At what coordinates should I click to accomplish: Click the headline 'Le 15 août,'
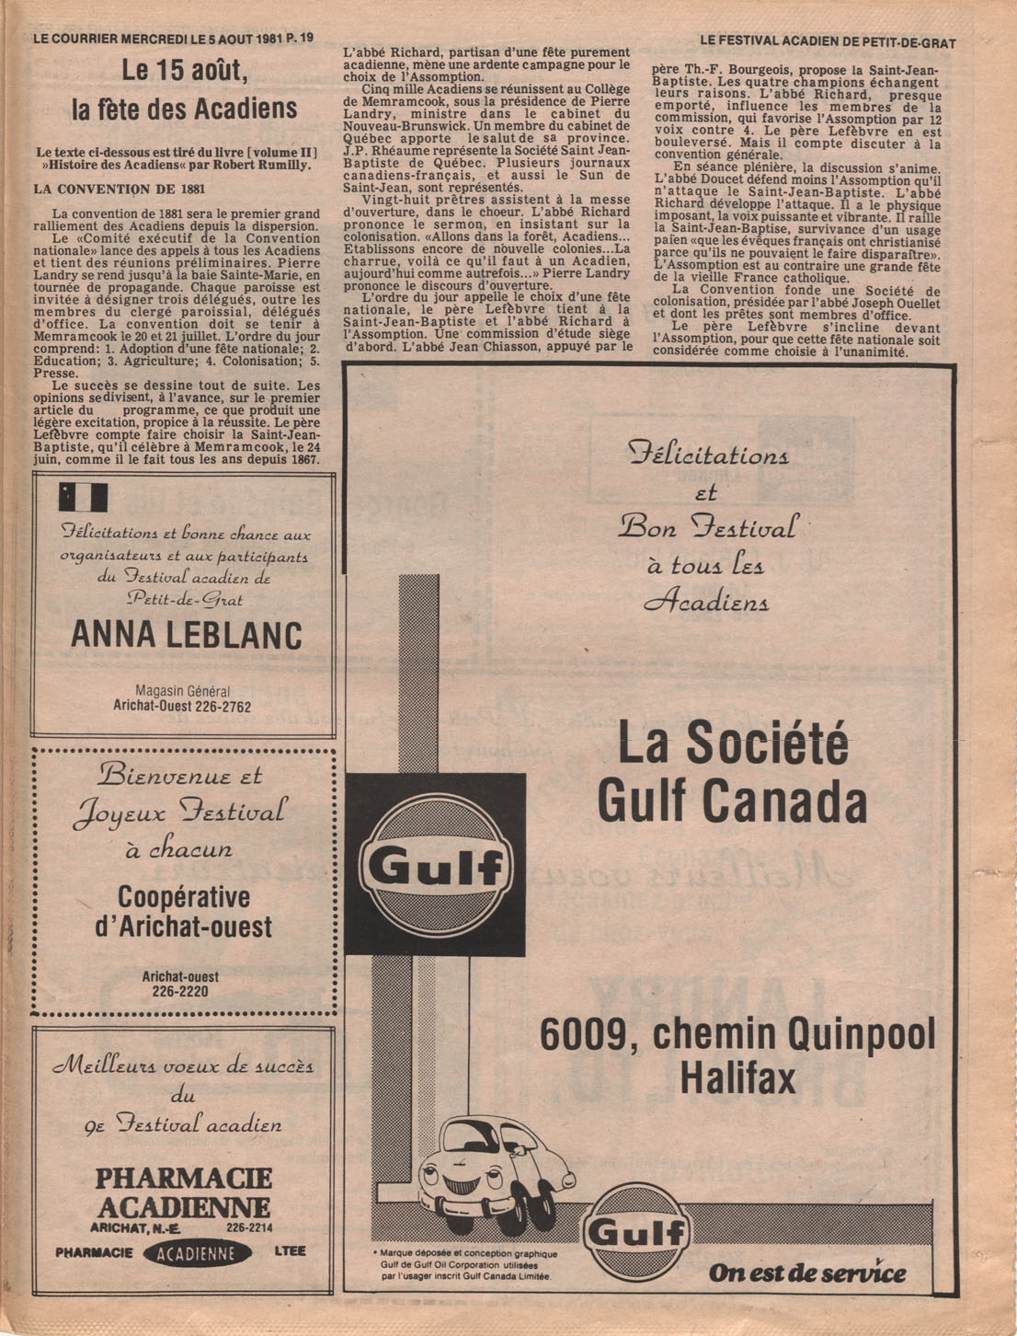click(185, 71)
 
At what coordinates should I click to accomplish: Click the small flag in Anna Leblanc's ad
click(84, 497)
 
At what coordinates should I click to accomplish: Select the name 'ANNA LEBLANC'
click(186, 635)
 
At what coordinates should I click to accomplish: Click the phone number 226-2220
click(180, 992)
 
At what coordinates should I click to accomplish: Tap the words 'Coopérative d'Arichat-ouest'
click(184, 911)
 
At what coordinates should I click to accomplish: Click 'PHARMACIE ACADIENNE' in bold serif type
click(184, 1192)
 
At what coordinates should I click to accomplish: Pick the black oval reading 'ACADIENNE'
click(198, 1253)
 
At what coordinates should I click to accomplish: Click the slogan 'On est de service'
click(806, 1273)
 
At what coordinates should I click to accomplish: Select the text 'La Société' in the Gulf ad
click(733, 743)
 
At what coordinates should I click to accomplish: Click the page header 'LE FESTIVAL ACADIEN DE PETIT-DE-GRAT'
click(828, 42)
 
